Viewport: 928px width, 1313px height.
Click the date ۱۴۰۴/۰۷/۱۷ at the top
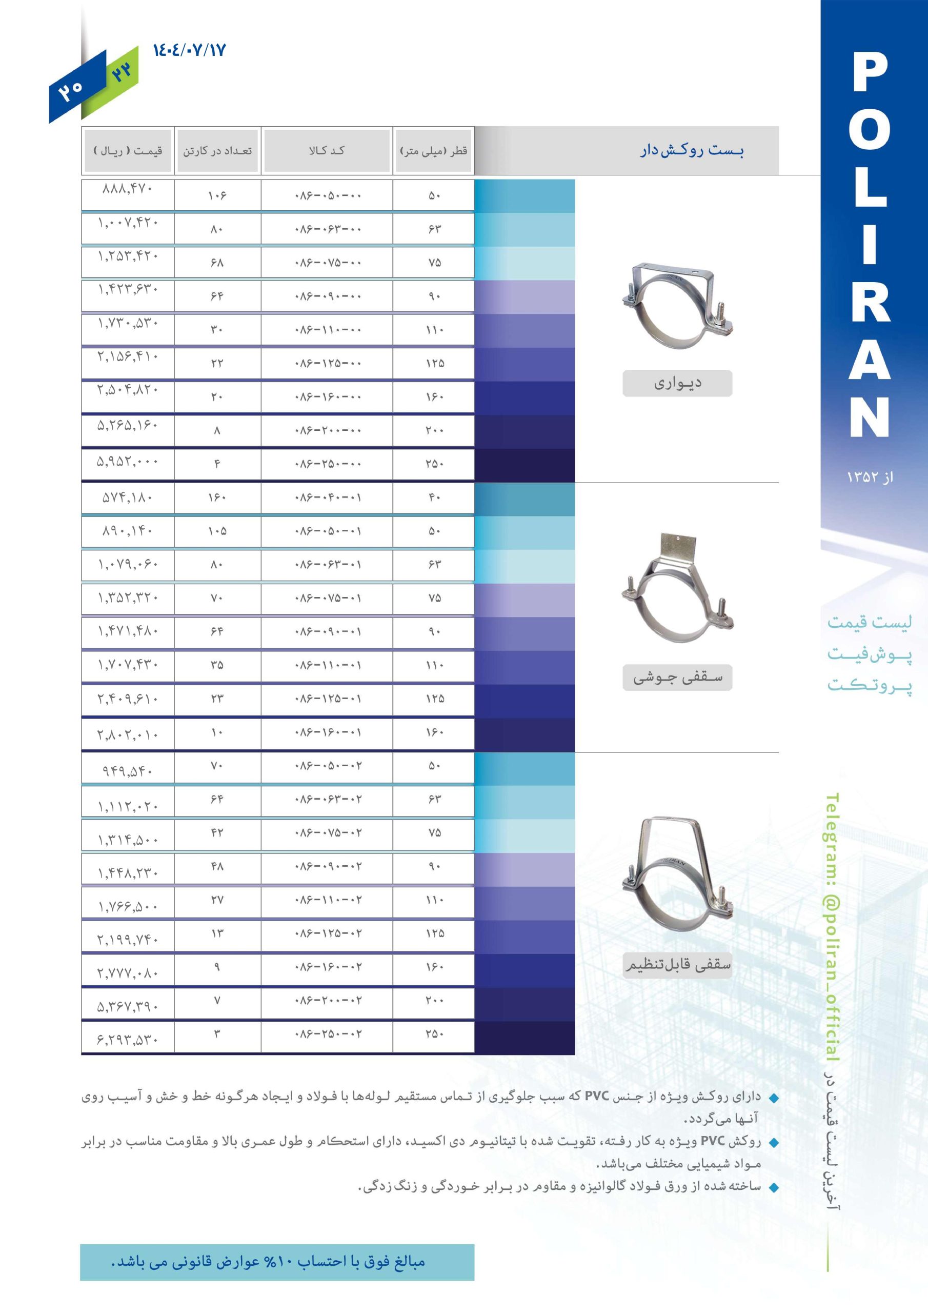point(189,50)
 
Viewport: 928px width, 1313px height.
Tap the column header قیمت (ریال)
point(128,151)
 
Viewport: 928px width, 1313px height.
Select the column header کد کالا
point(327,150)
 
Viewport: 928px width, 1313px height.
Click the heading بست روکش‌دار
point(691,151)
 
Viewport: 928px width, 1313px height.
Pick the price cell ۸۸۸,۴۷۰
point(128,188)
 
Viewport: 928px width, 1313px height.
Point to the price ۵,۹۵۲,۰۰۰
point(128,461)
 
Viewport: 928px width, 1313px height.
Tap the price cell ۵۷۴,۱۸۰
point(128,498)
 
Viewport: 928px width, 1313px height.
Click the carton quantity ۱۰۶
point(217,196)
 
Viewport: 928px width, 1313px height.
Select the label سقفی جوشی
point(678,678)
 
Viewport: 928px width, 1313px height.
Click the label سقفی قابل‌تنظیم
point(678,965)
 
